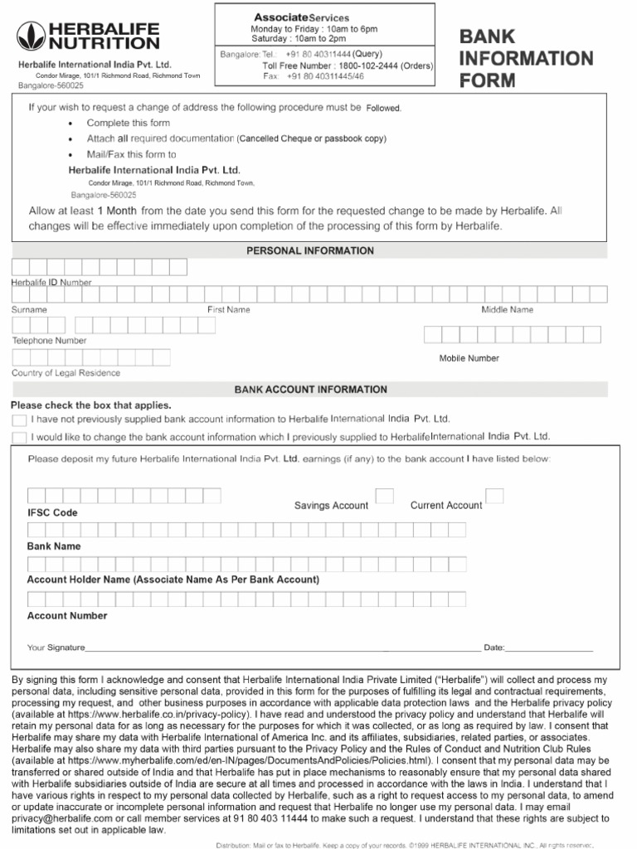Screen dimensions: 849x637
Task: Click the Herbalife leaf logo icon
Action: point(30,36)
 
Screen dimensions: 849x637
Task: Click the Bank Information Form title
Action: point(526,59)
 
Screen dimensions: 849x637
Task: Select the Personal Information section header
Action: point(310,250)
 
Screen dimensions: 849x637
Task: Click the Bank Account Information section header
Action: point(310,389)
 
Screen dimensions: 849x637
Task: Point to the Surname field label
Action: point(29,309)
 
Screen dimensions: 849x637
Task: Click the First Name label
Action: point(228,309)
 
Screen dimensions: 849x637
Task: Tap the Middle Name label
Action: point(507,309)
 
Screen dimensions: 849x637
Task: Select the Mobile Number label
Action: point(469,358)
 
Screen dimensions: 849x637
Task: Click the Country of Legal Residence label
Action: point(66,373)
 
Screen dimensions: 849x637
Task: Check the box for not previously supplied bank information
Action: point(19,421)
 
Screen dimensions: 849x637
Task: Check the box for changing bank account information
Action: point(19,438)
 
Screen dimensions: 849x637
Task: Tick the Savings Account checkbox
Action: point(385,496)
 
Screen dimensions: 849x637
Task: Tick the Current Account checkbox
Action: point(494,496)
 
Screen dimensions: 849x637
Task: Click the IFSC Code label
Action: point(52,513)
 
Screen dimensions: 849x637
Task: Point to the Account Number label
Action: point(67,616)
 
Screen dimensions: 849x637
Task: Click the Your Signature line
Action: point(282,647)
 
